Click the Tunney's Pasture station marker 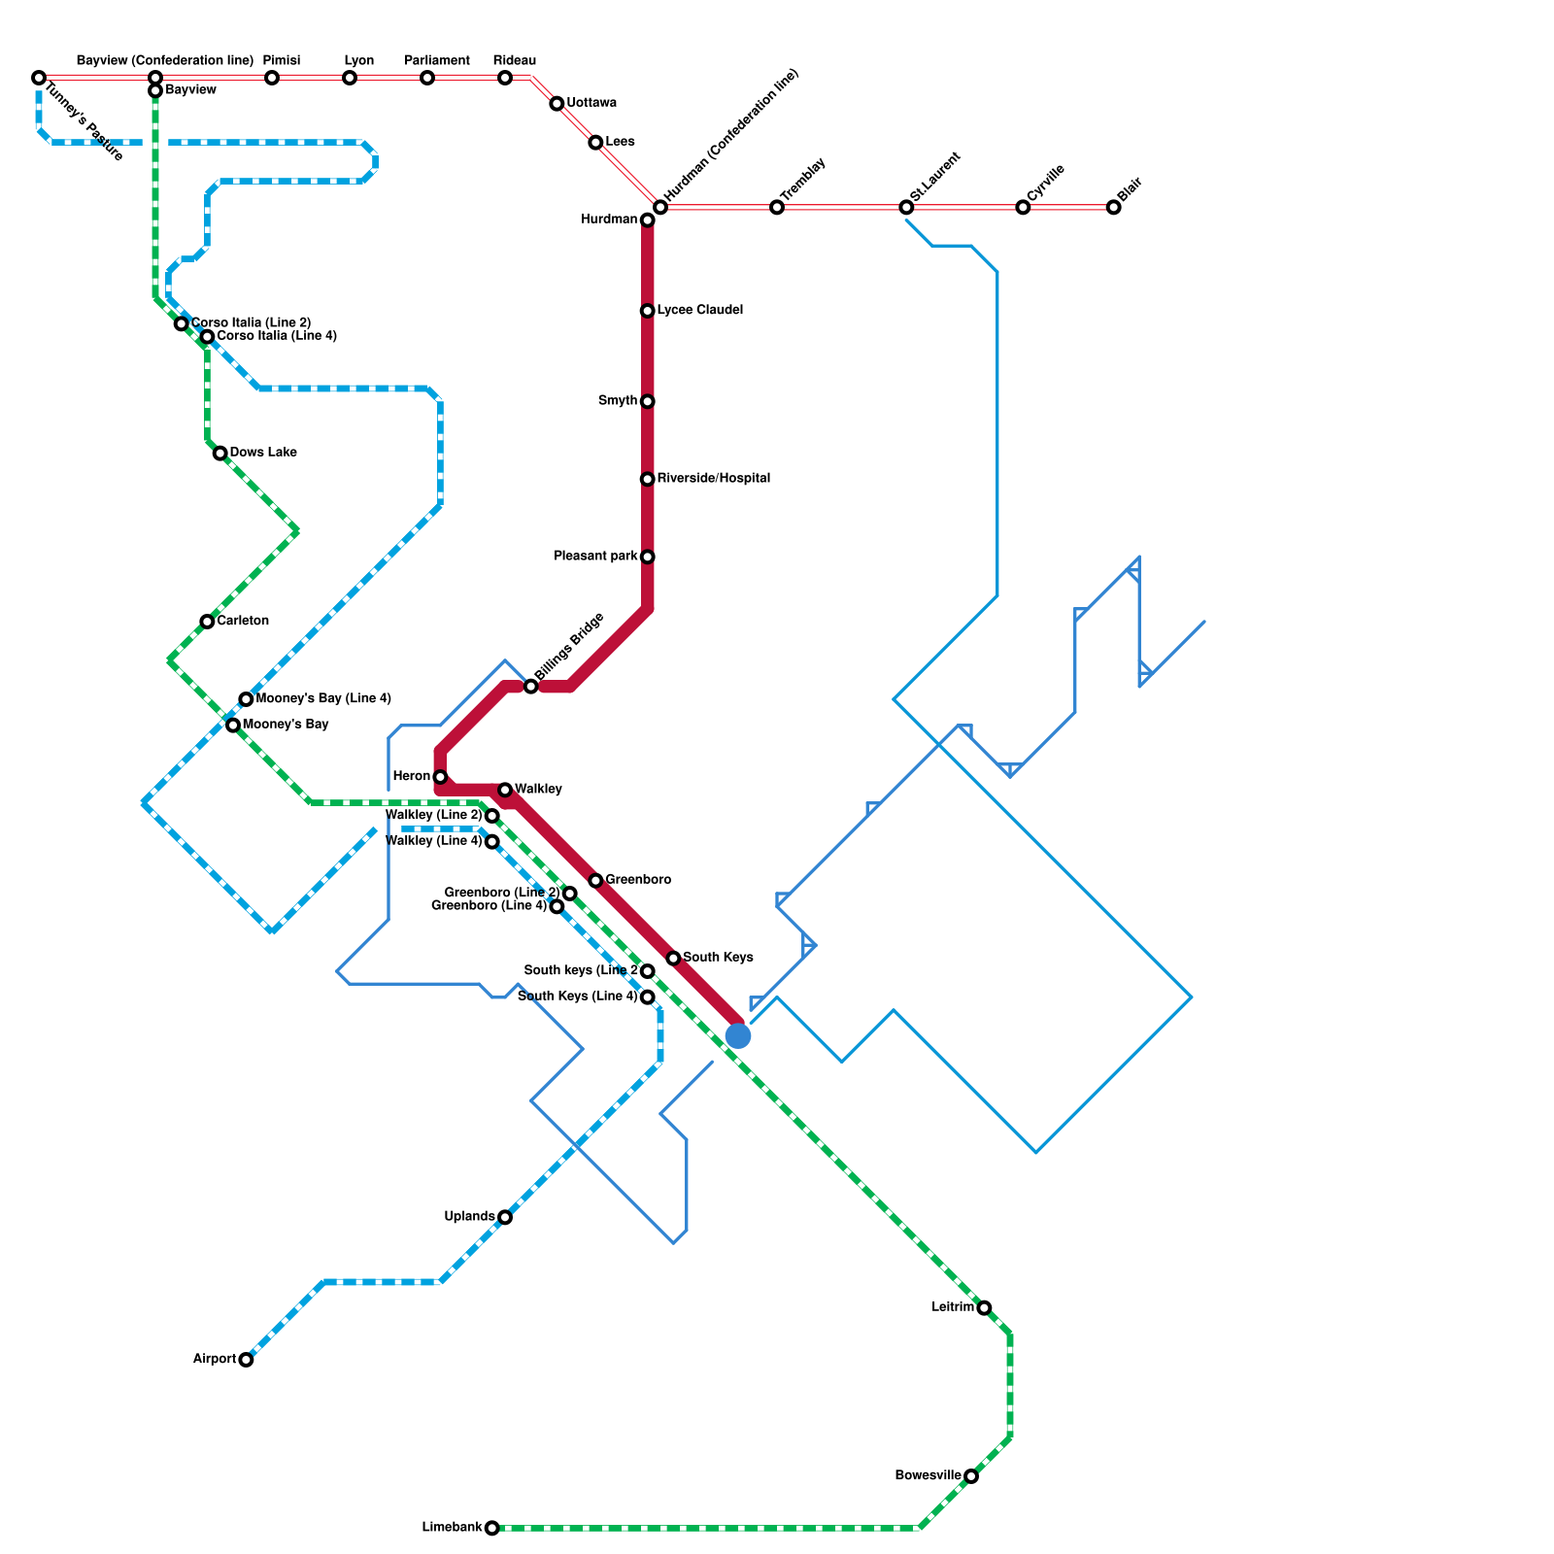39,78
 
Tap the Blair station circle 1113,207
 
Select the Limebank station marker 492,1528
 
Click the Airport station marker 246,1360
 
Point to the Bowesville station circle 971,1476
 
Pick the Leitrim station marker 984,1308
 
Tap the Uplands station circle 505,1217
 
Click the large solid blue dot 738,1036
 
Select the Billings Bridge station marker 531,687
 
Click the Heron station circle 440,777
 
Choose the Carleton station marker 207,622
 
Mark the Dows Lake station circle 220,454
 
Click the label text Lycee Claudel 699,311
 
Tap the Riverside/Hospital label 713,479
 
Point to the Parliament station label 437,61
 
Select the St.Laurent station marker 906,207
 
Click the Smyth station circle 648,401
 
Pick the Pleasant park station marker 648,557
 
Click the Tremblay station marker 777,207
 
